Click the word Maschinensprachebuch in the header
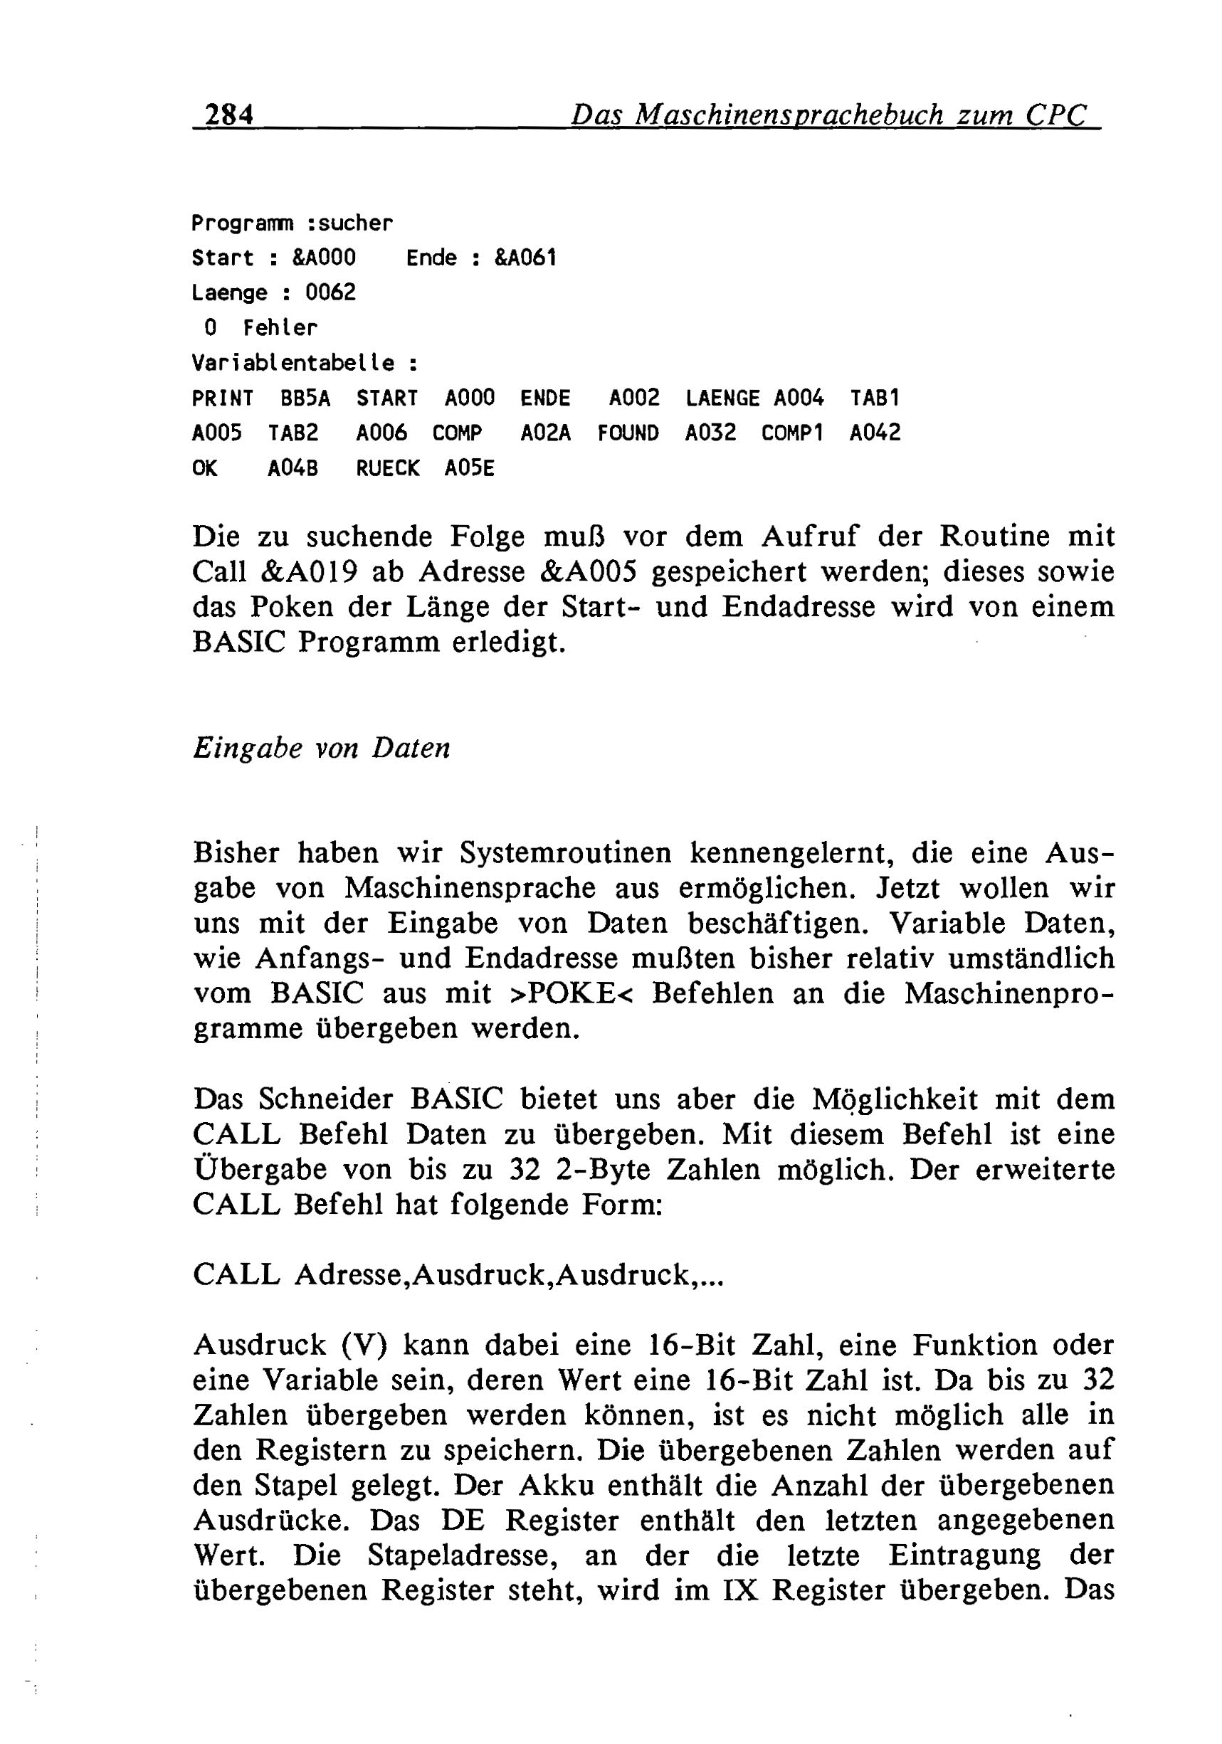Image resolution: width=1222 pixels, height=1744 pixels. pos(788,115)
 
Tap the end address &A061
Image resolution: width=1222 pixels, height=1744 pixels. pos(525,258)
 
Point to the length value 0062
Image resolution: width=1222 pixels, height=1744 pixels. pos(330,293)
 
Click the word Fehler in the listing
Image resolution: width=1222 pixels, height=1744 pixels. pos(280,328)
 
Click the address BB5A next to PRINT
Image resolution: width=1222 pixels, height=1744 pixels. pos(305,398)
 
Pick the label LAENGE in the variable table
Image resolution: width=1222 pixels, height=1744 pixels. pos(722,398)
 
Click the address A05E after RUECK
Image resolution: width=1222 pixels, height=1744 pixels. pos(469,469)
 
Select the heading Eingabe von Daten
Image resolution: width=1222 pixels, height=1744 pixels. pos(322,749)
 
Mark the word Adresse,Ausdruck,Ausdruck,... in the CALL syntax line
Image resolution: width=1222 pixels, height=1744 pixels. pos(508,1275)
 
